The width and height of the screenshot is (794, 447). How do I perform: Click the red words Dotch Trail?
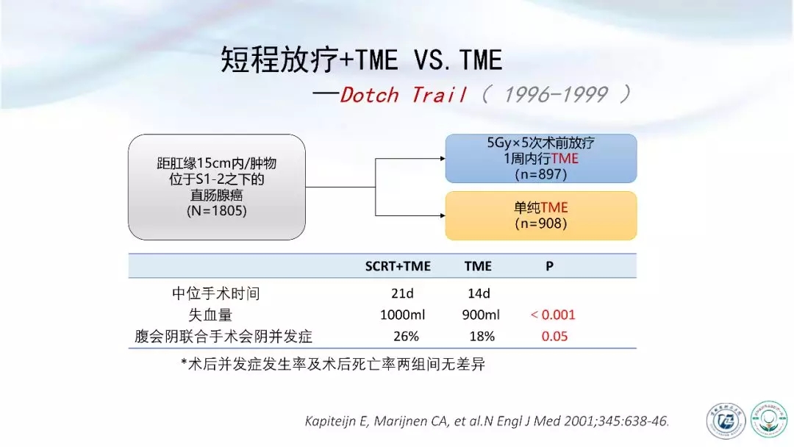coord(403,95)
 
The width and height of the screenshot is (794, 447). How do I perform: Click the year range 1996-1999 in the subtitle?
coord(556,95)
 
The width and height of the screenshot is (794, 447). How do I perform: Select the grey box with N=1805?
coord(217,187)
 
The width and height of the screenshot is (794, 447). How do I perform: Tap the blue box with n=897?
coord(541,159)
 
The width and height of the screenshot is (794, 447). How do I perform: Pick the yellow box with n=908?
coord(541,215)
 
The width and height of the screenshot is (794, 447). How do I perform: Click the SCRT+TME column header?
coord(398,266)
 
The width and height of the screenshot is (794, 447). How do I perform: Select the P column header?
coord(549,266)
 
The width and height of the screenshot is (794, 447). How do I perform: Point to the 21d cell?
coord(403,293)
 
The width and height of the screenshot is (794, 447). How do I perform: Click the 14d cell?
coord(479,293)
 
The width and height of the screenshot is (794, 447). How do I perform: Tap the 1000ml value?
coord(403,315)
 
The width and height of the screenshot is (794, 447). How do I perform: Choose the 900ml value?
coord(481,315)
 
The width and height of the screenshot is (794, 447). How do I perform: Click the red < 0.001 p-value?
coord(553,315)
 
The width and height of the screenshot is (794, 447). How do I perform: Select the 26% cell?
coord(406,337)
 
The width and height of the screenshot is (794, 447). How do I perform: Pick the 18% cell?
coord(482,337)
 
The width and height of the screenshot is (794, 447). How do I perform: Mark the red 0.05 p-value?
coord(554,337)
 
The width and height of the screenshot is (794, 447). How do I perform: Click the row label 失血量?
coord(210,315)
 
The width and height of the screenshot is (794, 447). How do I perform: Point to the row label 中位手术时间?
coord(215,293)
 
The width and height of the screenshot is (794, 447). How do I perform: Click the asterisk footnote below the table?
coord(333,363)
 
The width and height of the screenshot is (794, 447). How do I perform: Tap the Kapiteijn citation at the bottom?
coord(487,421)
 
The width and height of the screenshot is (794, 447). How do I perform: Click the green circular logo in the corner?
coord(769,418)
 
